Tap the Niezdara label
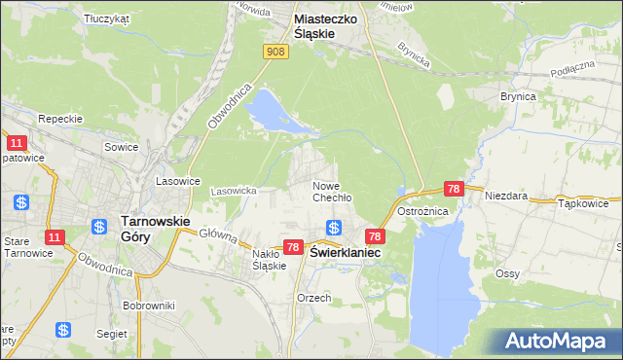pyautogui.click(x=506, y=196)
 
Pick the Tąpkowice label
pyautogui.click(x=583, y=204)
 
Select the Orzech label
pyautogui.click(x=314, y=298)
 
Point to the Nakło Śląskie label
pyautogui.click(x=268, y=259)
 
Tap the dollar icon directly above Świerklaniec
pyautogui.click(x=333, y=228)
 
